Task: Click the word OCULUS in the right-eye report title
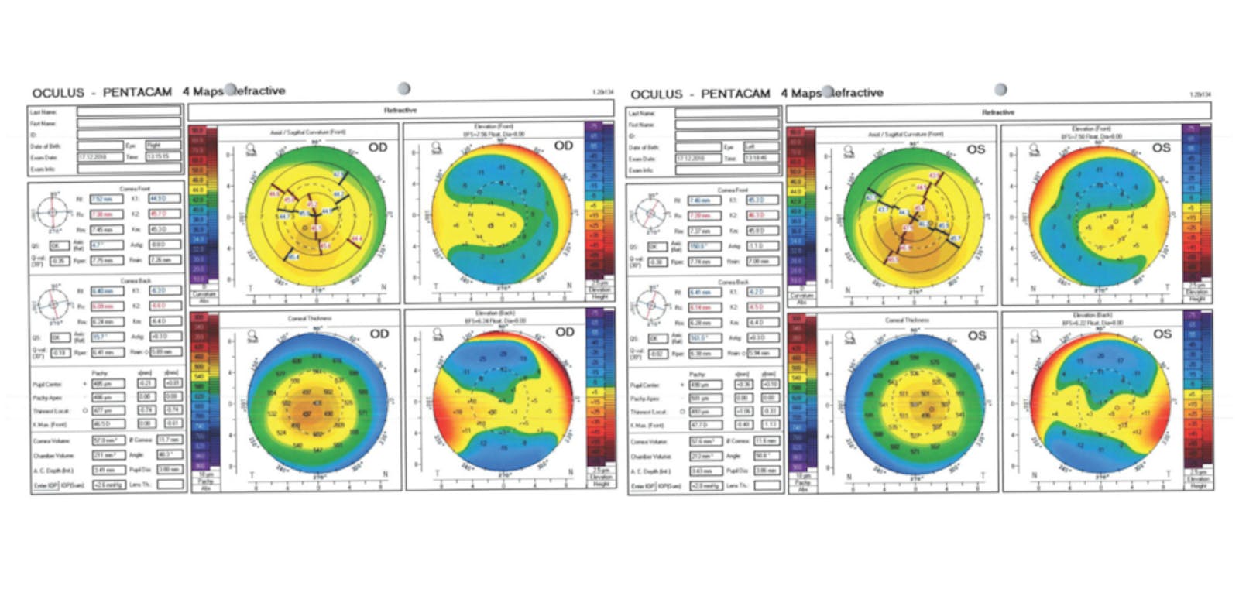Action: [58, 93]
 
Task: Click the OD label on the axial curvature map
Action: [378, 147]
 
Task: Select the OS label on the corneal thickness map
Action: [976, 335]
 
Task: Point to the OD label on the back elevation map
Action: [565, 332]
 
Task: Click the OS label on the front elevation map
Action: [1162, 147]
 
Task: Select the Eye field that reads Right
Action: [163, 146]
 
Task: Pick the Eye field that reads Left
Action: [762, 146]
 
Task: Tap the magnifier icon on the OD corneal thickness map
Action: [252, 336]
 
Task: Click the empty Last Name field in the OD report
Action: [129, 111]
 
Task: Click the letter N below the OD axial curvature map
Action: [384, 287]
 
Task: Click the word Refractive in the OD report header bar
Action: [400, 111]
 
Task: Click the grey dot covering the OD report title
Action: [230, 89]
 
